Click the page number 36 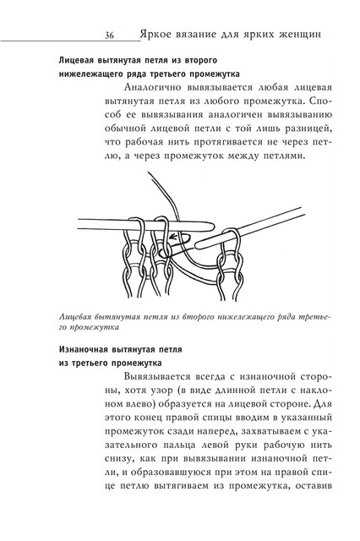pyautogui.click(x=110, y=36)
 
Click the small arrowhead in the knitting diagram pyautogui.click(x=172, y=237)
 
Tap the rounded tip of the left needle pyautogui.click(x=210, y=226)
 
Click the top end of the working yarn pyautogui.click(x=148, y=172)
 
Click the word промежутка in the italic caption pyautogui.click(x=95, y=327)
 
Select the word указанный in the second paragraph pyautogui.click(x=307, y=418)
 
